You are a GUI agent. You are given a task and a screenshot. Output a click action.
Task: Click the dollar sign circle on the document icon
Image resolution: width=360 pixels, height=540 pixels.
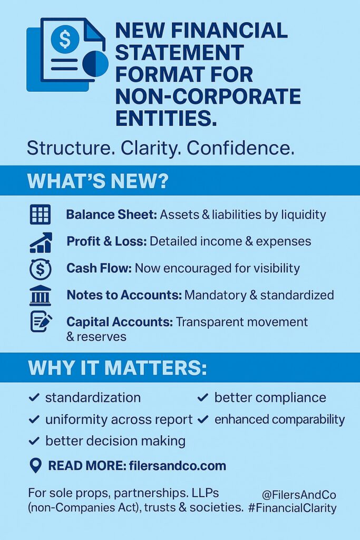click(65, 38)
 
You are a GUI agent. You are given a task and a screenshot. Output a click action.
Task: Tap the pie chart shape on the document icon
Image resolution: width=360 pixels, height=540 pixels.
click(95, 64)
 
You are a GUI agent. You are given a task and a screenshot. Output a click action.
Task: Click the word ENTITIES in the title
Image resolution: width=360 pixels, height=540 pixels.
click(166, 118)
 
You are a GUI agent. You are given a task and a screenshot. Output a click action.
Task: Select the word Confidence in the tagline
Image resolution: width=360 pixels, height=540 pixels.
click(240, 148)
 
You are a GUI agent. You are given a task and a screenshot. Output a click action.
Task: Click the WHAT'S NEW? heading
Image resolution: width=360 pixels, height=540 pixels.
click(98, 181)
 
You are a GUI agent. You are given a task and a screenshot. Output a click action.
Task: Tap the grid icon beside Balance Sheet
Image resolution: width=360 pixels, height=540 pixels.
click(40, 215)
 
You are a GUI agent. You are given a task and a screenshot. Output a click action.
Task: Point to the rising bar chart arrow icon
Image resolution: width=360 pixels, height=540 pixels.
click(41, 243)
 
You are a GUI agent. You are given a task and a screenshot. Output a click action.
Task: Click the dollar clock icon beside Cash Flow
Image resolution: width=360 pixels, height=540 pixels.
click(40, 268)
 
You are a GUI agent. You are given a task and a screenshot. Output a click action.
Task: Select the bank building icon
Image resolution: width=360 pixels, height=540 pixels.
click(40, 295)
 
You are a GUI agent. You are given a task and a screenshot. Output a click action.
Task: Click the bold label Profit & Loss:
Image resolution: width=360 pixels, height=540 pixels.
click(106, 242)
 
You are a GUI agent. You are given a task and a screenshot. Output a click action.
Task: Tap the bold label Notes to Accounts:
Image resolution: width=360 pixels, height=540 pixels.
click(124, 295)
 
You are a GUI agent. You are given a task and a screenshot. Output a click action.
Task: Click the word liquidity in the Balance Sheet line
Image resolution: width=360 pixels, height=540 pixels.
click(304, 215)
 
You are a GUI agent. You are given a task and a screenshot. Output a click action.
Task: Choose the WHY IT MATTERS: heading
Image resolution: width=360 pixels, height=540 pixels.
click(118, 368)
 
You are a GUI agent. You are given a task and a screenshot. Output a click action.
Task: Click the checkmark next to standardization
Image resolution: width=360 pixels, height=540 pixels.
click(34, 398)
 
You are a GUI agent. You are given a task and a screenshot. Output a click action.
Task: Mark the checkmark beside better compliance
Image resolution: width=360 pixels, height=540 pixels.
click(203, 398)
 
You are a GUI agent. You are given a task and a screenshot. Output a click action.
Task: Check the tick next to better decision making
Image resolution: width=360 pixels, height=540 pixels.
click(34, 441)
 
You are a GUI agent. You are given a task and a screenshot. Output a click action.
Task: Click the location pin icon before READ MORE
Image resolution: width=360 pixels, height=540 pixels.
click(36, 466)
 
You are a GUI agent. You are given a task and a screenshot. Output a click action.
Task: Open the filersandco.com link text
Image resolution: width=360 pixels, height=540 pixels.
click(178, 466)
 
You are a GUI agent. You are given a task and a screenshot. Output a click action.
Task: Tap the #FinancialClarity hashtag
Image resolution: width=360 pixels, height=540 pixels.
click(292, 508)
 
